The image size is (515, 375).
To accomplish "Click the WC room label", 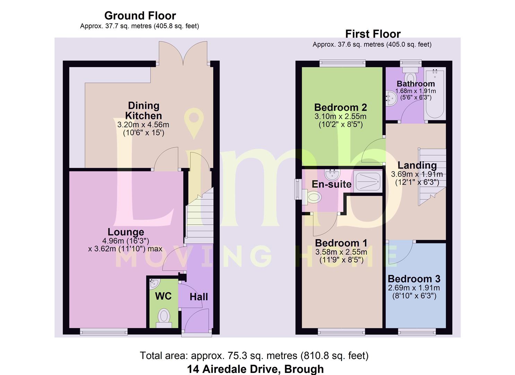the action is tap(163, 296).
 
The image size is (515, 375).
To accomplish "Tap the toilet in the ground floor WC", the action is tap(164, 318).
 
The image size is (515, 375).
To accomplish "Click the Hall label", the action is tap(199, 297).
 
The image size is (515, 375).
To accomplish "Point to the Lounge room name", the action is tap(126, 232).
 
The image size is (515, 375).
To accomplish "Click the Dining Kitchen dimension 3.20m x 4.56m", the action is tap(143, 125).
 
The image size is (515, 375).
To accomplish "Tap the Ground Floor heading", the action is tap(140, 16).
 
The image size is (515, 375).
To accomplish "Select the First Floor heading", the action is tap(373, 34).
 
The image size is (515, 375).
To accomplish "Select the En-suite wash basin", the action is tap(332, 174).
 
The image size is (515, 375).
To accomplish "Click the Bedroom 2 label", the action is tap(341, 108).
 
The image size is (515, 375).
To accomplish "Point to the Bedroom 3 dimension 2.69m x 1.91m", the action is tap(414, 288).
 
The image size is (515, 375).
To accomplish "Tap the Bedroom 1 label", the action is tap(341, 243).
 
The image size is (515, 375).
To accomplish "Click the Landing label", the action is tap(417, 165).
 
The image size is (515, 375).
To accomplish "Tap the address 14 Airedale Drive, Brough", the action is tap(256, 369).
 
